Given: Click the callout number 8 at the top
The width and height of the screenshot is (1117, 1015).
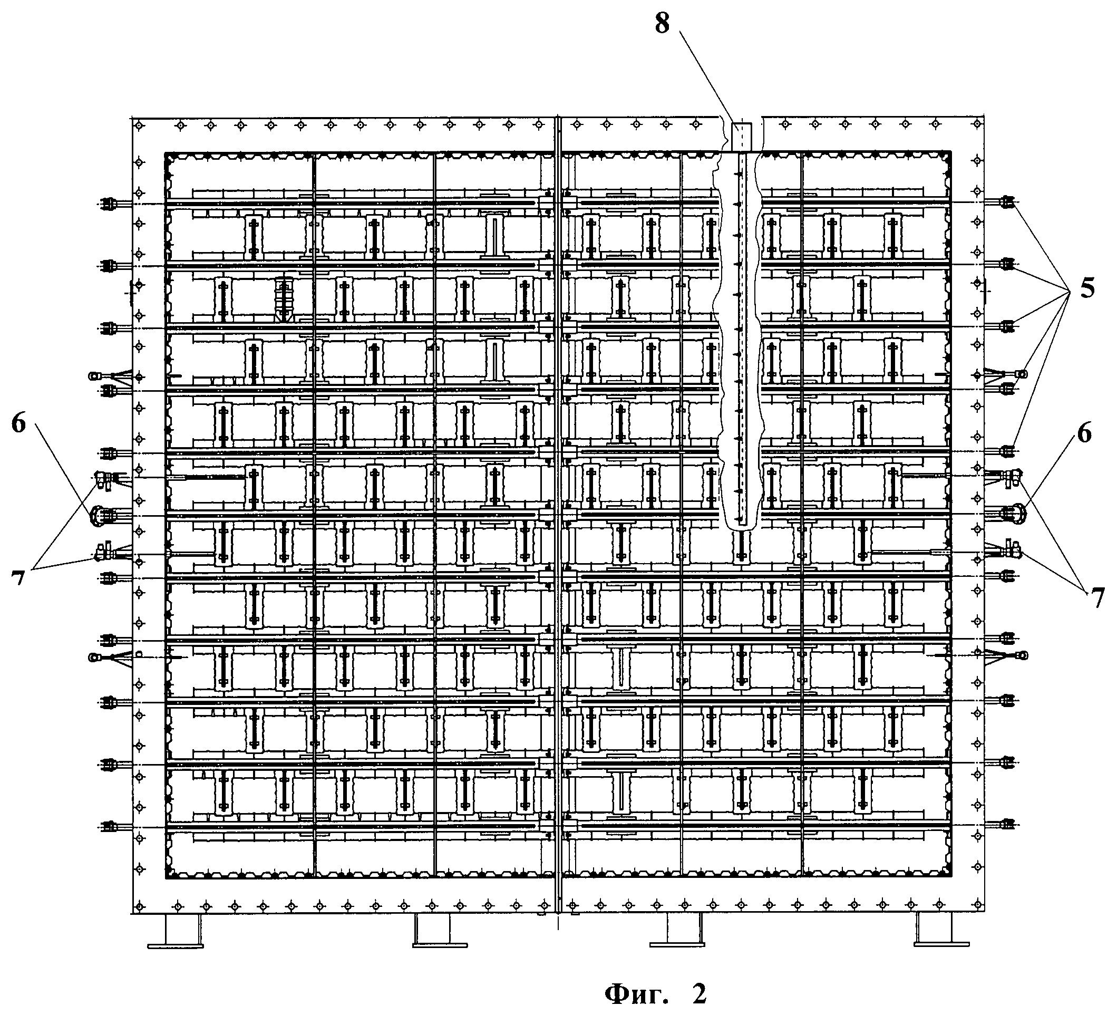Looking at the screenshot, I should pos(662,24).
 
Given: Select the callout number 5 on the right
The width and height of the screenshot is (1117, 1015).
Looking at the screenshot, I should pos(1086,288).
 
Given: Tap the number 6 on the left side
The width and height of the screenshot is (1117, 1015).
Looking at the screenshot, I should pos(19,424).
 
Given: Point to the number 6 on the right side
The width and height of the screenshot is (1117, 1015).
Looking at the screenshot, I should pos(1084,432).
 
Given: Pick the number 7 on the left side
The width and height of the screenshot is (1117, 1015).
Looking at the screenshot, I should pos(18,578).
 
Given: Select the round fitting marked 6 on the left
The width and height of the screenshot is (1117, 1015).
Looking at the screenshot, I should pos(99,515).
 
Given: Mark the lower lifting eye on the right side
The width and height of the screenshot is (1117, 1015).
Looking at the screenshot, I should pos(1023,655).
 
